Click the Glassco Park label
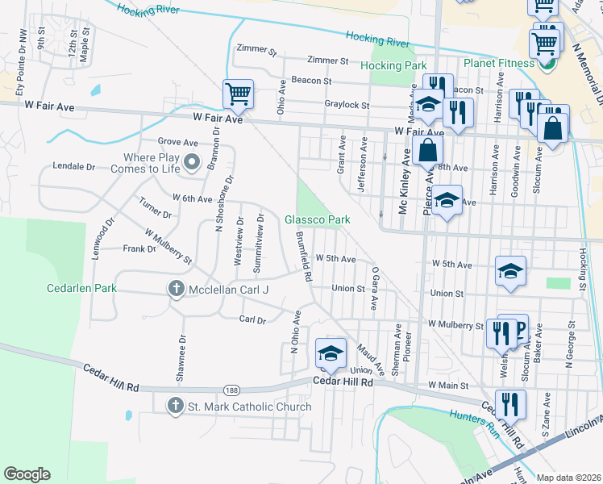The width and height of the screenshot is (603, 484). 317,219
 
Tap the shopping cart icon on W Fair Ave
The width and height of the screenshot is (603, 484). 238,94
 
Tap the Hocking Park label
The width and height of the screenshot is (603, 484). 393,65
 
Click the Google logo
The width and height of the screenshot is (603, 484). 27,474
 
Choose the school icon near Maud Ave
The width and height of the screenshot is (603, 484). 330,353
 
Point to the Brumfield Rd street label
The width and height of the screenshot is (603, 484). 304,257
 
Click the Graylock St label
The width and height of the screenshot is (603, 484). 347,105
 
